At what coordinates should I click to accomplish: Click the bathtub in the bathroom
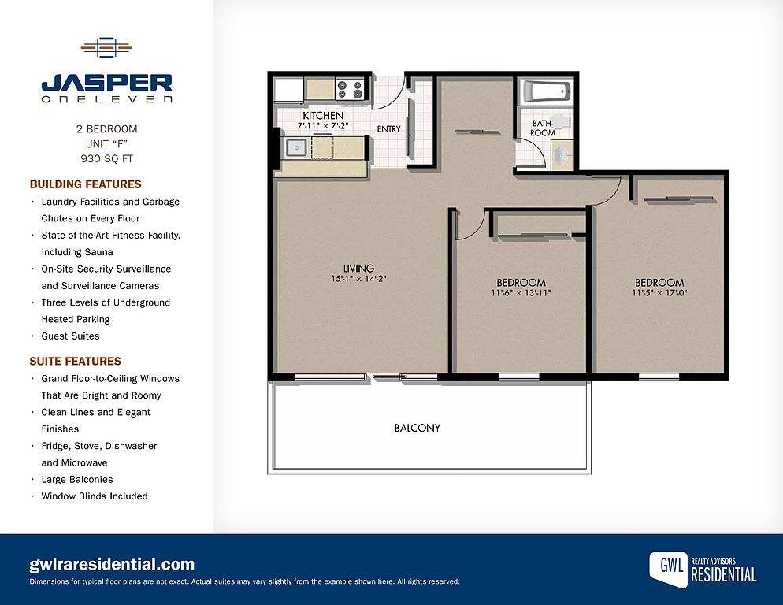pyautogui.click(x=547, y=92)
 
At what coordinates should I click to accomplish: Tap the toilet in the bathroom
pyautogui.click(x=562, y=121)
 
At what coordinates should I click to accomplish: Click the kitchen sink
pyautogui.click(x=295, y=148)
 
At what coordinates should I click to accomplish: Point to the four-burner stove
pyautogui.click(x=350, y=90)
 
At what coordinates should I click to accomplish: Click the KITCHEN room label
pyautogui.click(x=323, y=115)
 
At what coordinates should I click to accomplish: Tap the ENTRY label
pyautogui.click(x=389, y=129)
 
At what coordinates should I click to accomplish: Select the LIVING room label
pyautogui.click(x=358, y=269)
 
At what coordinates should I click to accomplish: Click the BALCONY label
pyautogui.click(x=417, y=428)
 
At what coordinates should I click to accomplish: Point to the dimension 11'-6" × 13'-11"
pyautogui.click(x=521, y=293)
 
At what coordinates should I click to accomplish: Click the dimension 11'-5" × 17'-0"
pyautogui.click(x=659, y=293)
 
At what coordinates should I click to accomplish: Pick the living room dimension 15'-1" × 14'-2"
pyautogui.click(x=358, y=279)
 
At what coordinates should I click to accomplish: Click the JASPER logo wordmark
pyautogui.click(x=107, y=83)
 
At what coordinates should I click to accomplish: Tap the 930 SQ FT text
pyautogui.click(x=107, y=159)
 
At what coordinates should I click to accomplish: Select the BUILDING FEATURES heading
pyautogui.click(x=85, y=184)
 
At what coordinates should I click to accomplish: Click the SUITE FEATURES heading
pyautogui.click(x=76, y=362)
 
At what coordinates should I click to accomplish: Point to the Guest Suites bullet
pyautogui.click(x=70, y=336)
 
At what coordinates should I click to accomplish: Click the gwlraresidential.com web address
pyautogui.click(x=112, y=565)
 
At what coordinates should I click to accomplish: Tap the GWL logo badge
pyautogui.click(x=668, y=568)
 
